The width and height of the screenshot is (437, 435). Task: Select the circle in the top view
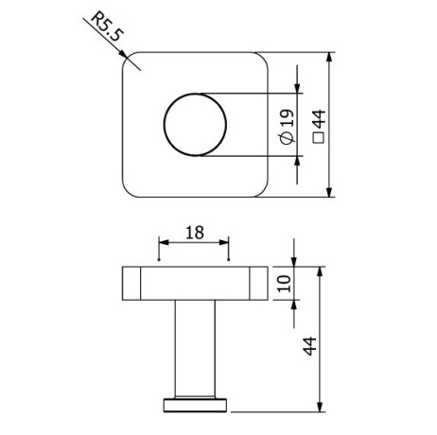tap(196, 125)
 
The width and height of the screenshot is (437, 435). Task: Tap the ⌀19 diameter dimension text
tap(287, 125)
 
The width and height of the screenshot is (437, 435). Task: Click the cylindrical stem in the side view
tap(196, 346)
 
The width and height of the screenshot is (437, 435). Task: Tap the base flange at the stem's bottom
tap(196, 405)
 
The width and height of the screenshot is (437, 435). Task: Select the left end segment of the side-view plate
tap(131, 283)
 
